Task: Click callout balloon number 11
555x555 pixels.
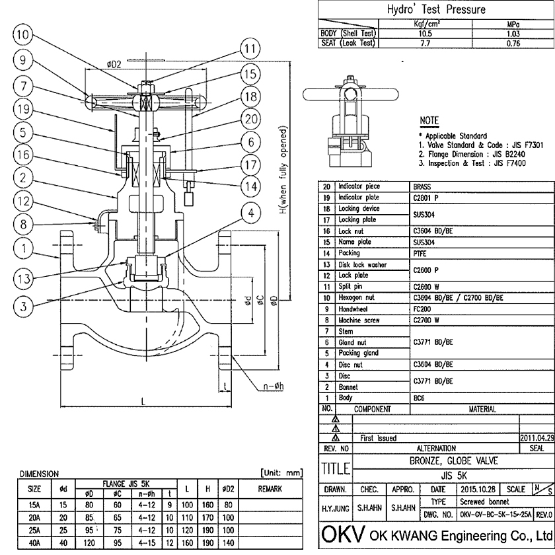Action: click(x=250, y=49)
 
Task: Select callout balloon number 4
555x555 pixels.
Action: click(x=251, y=213)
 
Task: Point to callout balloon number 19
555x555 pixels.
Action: click(x=23, y=109)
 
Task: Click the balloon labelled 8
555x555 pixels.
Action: click(x=23, y=224)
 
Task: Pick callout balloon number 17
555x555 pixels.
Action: click(x=250, y=164)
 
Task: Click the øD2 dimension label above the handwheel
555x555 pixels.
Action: click(x=113, y=64)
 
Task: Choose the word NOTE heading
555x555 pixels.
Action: click(x=429, y=121)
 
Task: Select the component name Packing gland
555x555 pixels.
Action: click(x=358, y=353)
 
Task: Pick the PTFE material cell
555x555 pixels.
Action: click(x=419, y=253)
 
